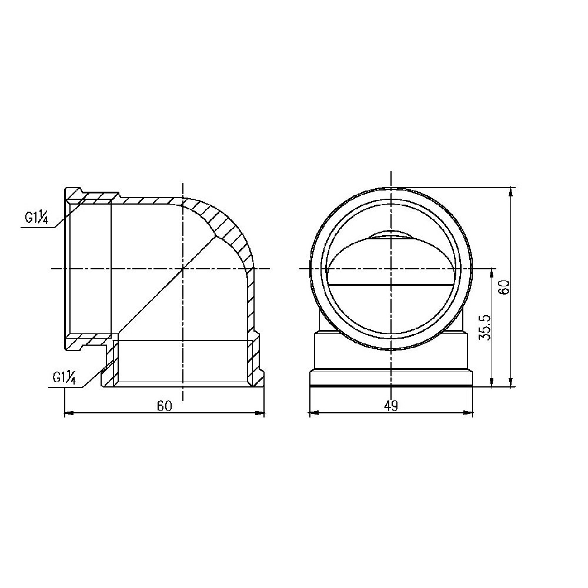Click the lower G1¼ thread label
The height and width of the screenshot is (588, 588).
point(64,377)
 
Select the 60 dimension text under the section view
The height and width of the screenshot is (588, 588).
point(164,406)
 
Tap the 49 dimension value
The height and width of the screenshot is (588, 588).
point(391,406)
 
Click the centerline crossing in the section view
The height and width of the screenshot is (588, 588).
point(183,269)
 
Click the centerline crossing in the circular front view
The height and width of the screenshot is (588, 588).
point(390,269)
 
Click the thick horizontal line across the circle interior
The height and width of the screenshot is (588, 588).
point(390,285)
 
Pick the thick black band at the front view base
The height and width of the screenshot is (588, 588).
point(390,386)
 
